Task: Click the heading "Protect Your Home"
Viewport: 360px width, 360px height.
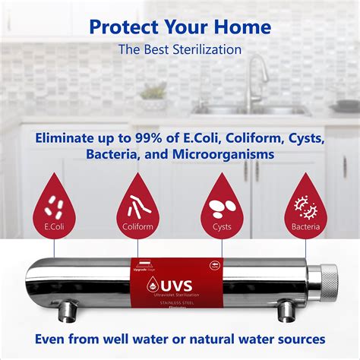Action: pyautogui.click(x=180, y=27)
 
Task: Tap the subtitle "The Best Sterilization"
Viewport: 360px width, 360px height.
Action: pyautogui.click(x=180, y=50)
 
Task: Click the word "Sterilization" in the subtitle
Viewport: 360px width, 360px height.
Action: pyautogui.click(x=204, y=50)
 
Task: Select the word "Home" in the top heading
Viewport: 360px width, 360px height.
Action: pyautogui.click(x=242, y=27)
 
